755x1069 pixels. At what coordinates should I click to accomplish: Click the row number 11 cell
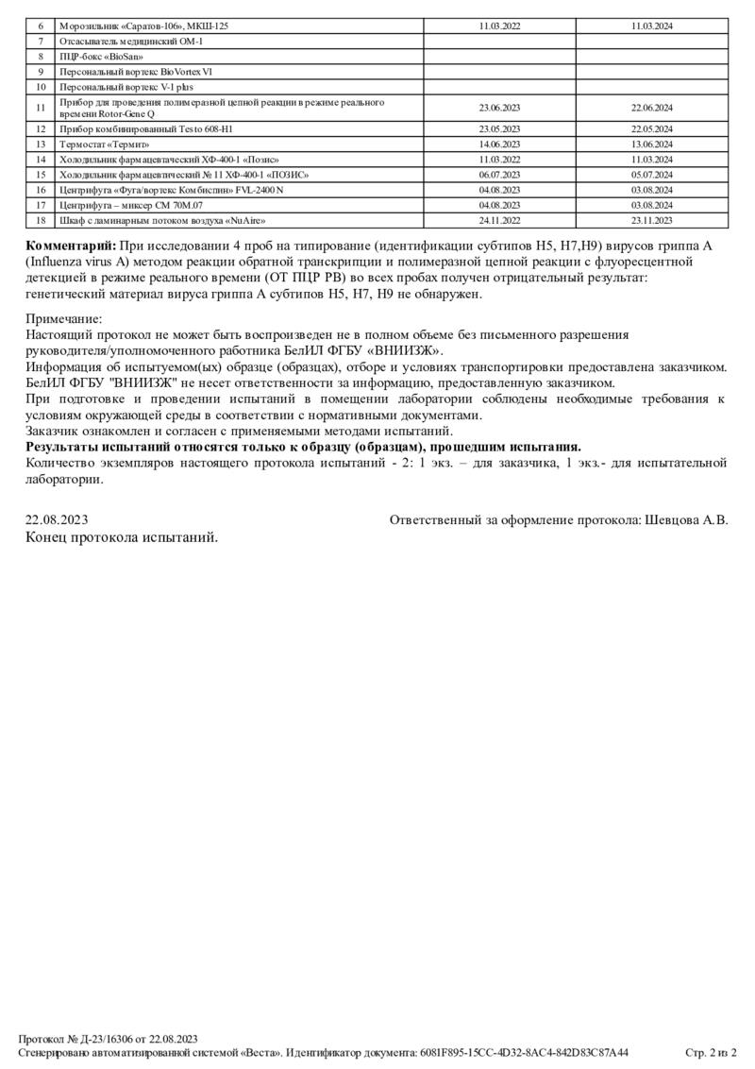pos(41,108)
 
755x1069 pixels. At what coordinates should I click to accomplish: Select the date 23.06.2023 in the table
pos(499,108)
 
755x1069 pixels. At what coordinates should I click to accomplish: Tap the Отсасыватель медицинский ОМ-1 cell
pos(131,42)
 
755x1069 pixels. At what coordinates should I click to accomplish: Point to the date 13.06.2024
pos(651,144)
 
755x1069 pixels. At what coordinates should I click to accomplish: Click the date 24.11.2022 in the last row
pos(499,220)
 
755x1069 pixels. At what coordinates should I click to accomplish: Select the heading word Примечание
pos(63,320)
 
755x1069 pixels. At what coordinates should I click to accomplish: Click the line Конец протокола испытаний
pos(122,536)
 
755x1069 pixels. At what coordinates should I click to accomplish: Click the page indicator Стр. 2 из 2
pos(711,1052)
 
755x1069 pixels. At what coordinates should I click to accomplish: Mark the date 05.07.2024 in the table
pos(651,175)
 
